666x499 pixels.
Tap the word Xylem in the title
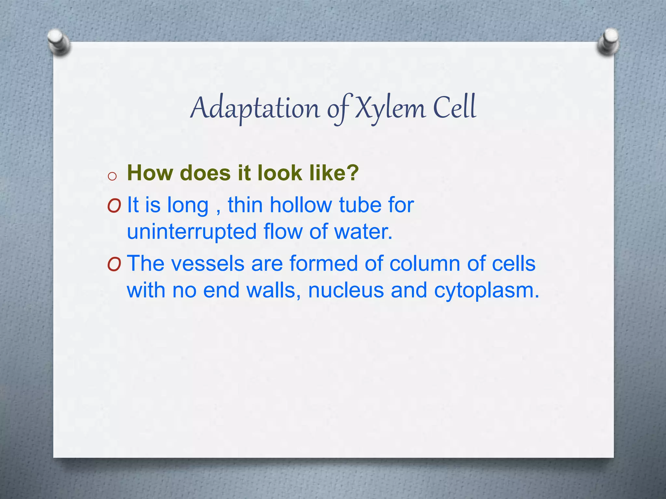390,108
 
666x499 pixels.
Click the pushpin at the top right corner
608,42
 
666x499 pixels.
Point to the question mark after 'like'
352,173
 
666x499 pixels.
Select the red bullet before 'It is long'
114,206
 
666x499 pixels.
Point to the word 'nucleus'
346,290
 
